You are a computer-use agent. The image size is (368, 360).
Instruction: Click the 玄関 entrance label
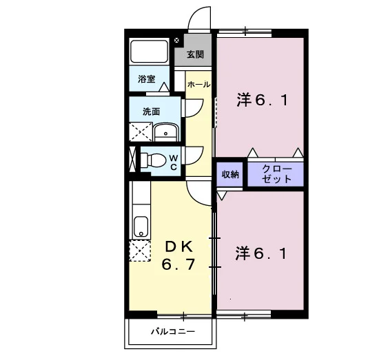tap(195, 55)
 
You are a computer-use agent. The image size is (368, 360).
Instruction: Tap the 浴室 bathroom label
tap(147, 79)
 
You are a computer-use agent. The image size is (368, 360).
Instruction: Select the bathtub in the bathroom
tap(150, 52)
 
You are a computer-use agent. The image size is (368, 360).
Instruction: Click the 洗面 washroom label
tap(151, 112)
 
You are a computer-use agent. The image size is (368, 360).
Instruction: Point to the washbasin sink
tap(166, 132)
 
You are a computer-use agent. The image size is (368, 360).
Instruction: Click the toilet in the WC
tap(153, 160)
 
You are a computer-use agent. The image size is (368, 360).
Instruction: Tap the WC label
tap(174, 162)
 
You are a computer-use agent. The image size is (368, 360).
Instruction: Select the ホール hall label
tap(198, 85)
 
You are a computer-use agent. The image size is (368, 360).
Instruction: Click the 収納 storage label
tap(230, 174)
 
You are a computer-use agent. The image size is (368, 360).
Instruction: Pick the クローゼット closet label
tap(277, 174)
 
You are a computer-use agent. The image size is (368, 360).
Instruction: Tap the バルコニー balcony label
tap(173, 332)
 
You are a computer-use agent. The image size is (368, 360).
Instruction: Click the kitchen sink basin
tap(141, 226)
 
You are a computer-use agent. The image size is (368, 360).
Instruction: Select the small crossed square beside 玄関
tap(176, 40)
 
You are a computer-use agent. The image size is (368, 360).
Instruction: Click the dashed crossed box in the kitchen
tap(140, 251)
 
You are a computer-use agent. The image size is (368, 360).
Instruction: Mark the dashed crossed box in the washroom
tap(141, 131)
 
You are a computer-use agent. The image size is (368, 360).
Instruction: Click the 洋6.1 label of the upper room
tap(262, 100)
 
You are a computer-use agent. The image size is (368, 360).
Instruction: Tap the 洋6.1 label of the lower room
tap(261, 253)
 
